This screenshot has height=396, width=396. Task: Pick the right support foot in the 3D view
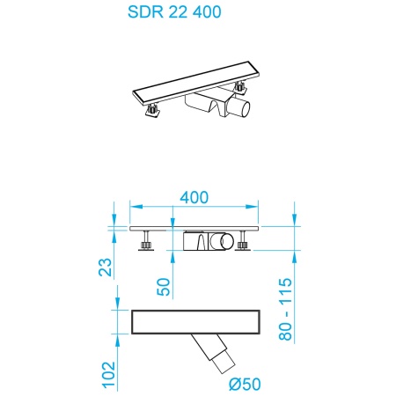point(239,88)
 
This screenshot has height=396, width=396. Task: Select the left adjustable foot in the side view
point(146,240)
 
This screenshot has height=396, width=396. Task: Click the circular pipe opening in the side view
point(227,240)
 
